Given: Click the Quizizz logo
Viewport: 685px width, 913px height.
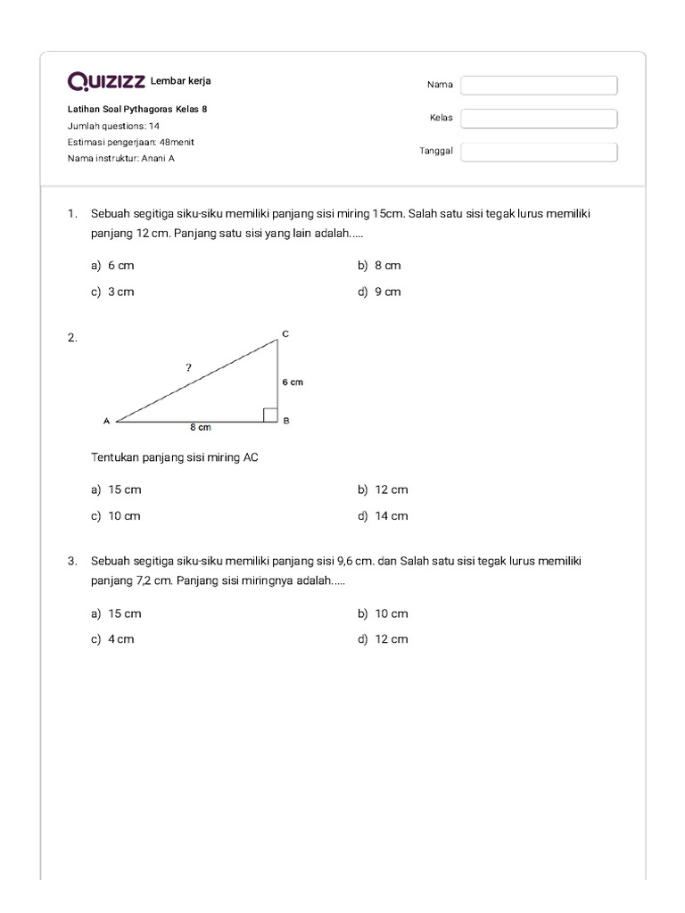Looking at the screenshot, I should (x=107, y=82).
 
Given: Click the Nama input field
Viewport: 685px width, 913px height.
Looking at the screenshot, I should (x=539, y=85).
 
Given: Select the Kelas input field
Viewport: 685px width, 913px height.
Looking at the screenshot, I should (x=539, y=119).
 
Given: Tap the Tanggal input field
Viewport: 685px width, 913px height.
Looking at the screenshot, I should (x=539, y=152).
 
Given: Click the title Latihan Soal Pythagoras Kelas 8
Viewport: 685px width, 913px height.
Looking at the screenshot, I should (x=137, y=110).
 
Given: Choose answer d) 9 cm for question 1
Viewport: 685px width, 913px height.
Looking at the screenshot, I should (x=380, y=292).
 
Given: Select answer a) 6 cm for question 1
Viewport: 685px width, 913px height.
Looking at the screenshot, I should (x=112, y=266).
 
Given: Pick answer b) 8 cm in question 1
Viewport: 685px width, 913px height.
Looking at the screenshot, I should (x=380, y=266).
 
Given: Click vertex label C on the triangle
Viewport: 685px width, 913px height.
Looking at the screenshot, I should (x=285, y=333).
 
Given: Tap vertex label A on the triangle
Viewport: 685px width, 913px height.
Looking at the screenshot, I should (x=106, y=421).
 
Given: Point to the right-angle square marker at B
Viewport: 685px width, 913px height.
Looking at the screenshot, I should (x=270, y=413).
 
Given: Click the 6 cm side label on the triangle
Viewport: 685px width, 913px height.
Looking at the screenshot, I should (x=293, y=382).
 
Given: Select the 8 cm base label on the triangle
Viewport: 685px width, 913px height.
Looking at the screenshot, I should (x=200, y=428).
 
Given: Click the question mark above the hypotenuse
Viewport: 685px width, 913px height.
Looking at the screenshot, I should (x=188, y=366).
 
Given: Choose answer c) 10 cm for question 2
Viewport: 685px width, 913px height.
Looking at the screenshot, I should (x=116, y=516).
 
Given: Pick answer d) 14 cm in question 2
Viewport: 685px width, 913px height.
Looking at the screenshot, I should (x=384, y=516).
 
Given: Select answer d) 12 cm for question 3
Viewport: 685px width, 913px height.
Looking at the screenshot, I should (x=384, y=639).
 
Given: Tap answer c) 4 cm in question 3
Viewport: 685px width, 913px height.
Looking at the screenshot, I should (x=112, y=639).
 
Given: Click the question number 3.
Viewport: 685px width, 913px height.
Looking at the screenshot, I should (x=71, y=561).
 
